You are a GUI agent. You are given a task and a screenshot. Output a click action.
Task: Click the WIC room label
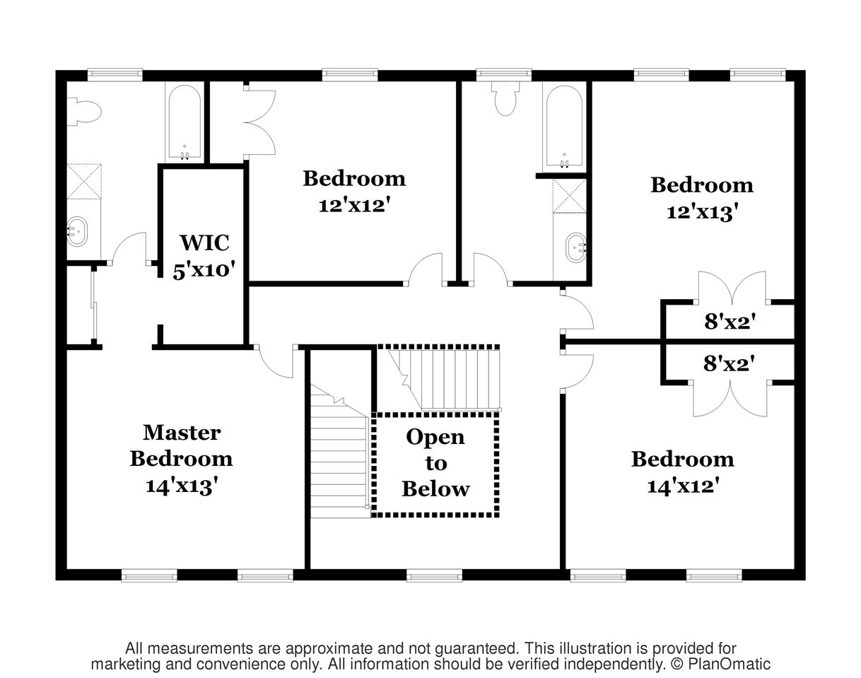point(204,242)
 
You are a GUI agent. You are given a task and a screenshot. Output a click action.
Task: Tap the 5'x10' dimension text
point(204,270)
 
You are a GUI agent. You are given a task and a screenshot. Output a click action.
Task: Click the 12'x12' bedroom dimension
point(354,206)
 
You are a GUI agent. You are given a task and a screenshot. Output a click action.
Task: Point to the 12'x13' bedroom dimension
point(702,212)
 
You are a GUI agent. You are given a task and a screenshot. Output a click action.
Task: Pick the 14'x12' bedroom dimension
point(683,486)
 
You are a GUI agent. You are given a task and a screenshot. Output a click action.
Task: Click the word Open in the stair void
point(435,438)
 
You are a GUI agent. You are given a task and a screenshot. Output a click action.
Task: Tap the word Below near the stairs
point(435,489)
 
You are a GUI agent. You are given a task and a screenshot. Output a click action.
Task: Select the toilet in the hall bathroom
point(505,98)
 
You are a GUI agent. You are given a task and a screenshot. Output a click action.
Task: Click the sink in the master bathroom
point(76,231)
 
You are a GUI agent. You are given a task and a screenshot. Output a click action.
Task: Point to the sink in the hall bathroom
point(575,247)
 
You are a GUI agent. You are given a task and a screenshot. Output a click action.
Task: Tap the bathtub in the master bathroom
point(184,123)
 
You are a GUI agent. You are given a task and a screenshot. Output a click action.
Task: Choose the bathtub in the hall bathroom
point(565,127)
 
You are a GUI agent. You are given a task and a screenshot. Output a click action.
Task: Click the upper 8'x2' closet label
point(730,322)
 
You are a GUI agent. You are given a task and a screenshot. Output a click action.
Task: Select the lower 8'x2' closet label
point(729,364)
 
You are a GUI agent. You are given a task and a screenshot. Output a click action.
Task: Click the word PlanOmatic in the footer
point(729,664)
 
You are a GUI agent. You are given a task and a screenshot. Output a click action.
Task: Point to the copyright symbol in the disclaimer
point(677,665)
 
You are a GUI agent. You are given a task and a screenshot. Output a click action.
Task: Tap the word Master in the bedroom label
point(182,433)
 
